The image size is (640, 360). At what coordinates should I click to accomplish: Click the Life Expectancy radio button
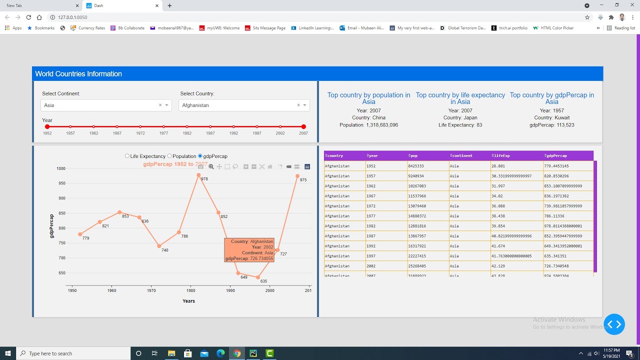pyautogui.click(x=127, y=156)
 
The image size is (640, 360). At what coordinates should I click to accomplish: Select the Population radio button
pyautogui.click(x=169, y=156)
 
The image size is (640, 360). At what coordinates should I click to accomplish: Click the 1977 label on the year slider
pyautogui.click(x=163, y=133)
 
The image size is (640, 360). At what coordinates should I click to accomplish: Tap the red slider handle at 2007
pyautogui.click(x=303, y=127)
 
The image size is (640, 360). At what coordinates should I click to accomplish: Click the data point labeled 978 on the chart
pyautogui.click(x=199, y=175)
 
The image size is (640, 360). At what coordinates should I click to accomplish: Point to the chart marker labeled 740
pyautogui.click(x=159, y=246)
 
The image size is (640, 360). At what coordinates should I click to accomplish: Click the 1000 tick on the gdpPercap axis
pyautogui.click(x=60, y=168)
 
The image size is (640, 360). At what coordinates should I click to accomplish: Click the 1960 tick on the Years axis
pyautogui.click(x=111, y=290)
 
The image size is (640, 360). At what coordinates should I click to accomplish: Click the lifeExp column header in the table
pyautogui.click(x=501, y=155)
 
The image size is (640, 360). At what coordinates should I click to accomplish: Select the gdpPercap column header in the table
pyautogui.click(x=557, y=155)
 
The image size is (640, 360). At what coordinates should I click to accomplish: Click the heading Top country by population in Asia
pyautogui.click(x=368, y=98)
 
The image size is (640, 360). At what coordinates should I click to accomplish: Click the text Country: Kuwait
pyautogui.click(x=551, y=117)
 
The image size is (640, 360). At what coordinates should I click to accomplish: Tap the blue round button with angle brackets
pyautogui.click(x=614, y=324)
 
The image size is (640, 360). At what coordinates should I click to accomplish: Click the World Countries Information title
pyautogui.click(x=78, y=74)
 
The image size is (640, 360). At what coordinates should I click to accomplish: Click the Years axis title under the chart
pyautogui.click(x=188, y=301)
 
